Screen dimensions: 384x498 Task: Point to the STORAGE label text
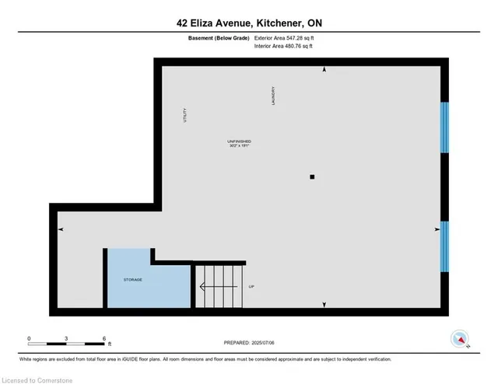click(133, 279)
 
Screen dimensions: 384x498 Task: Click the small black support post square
click(312, 177)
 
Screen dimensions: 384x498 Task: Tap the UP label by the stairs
click(251, 287)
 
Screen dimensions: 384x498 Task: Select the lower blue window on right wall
click(444, 246)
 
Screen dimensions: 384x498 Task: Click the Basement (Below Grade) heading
click(219, 37)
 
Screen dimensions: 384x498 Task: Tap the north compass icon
click(461, 340)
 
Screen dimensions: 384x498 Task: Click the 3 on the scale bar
click(67, 338)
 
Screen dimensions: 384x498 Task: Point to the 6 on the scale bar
click(104, 338)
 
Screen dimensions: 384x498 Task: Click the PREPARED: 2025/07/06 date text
click(250, 343)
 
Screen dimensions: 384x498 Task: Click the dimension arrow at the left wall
click(61, 229)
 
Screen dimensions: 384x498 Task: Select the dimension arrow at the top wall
click(324, 70)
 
